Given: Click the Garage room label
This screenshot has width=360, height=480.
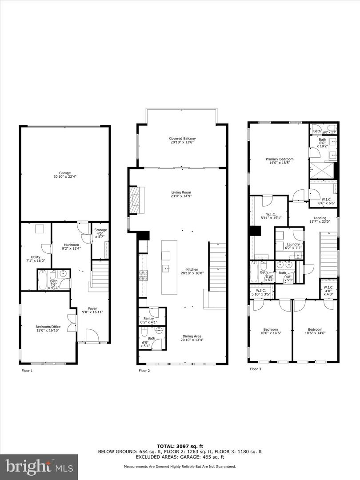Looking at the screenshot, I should (x=64, y=173).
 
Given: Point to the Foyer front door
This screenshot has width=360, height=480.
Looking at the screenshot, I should (x=92, y=336).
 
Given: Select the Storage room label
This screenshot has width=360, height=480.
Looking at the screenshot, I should (x=101, y=230).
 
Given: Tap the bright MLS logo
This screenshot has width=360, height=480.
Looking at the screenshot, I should (x=39, y=467).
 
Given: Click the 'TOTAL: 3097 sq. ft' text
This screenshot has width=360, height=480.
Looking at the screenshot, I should (x=180, y=445).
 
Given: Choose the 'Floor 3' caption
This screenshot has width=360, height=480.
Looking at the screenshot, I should (x=256, y=368).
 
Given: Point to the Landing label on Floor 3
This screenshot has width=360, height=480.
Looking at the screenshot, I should (x=320, y=218).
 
